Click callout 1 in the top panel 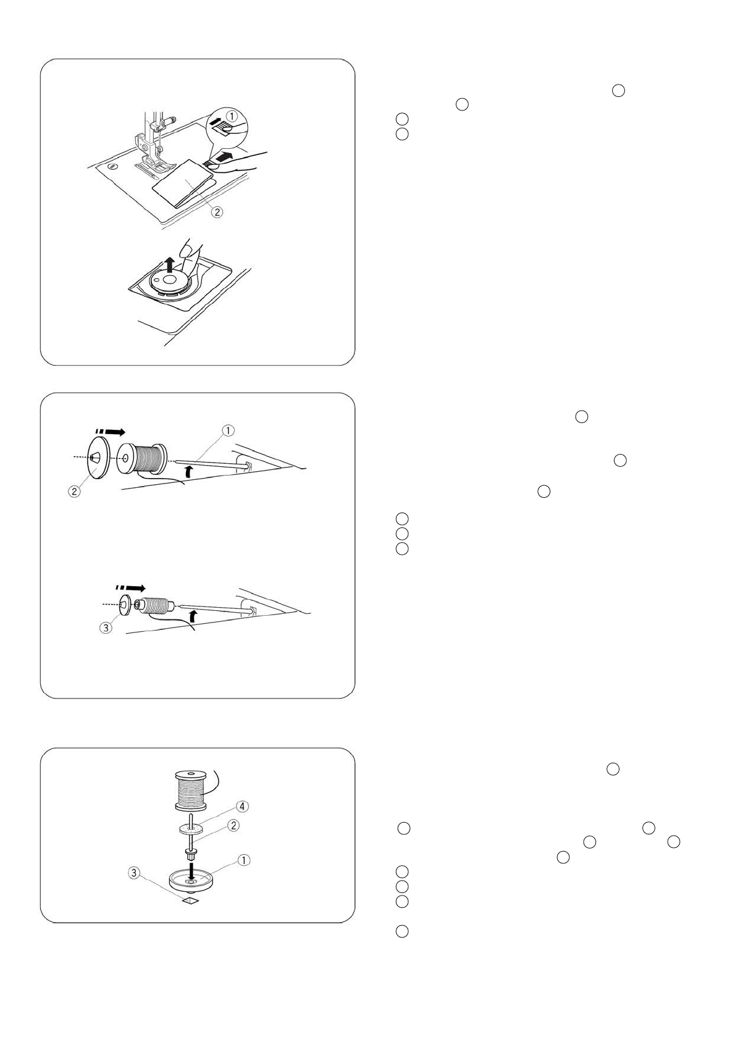230,114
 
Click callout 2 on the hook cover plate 217,211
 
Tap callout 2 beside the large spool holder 73,493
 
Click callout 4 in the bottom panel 243,806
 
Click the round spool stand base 190,879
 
